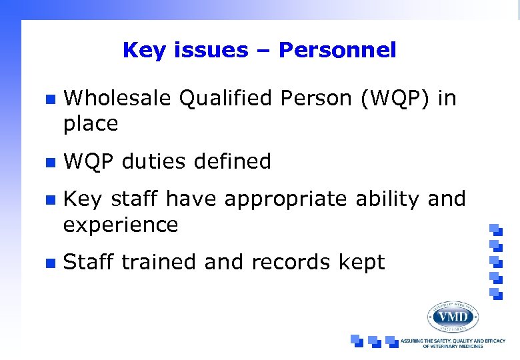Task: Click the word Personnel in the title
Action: coord(337,50)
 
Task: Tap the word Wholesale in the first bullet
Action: coord(117,99)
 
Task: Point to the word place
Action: coord(90,124)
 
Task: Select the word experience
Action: coord(121,225)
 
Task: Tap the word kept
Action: coord(363,263)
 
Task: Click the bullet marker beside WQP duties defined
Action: coord(49,162)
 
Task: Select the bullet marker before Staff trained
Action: coord(49,263)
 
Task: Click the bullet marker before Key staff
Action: coord(49,200)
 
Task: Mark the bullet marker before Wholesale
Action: coord(49,99)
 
